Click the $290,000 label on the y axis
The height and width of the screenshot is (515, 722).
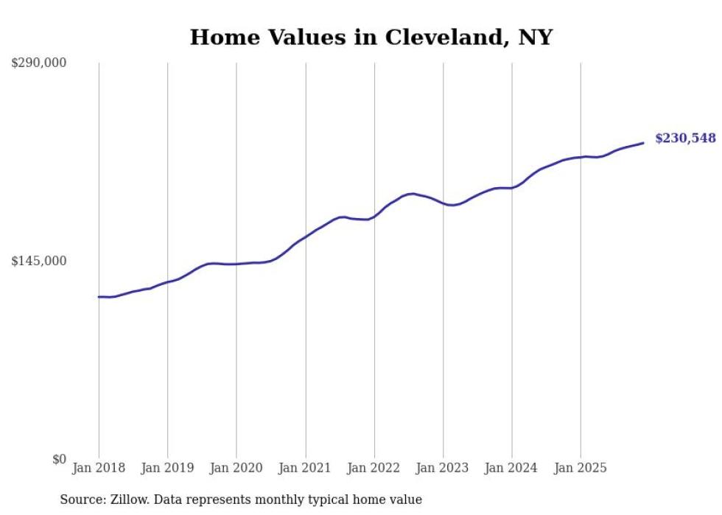tap(39, 63)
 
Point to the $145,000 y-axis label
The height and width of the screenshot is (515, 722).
tap(39, 261)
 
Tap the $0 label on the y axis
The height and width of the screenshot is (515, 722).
tap(59, 459)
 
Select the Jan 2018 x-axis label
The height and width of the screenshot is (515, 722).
tap(99, 469)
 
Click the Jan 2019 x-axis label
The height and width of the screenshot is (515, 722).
tap(167, 469)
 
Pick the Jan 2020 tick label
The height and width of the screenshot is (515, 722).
tap(236, 469)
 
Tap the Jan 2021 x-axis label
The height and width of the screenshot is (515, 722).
tap(305, 469)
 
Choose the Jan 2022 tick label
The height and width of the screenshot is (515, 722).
tap(374, 469)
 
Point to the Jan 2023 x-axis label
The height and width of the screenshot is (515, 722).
tap(443, 469)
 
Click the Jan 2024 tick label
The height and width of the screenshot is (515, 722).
tap(512, 469)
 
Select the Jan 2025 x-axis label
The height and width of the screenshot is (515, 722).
tap(581, 469)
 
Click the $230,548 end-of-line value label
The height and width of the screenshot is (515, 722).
tap(685, 138)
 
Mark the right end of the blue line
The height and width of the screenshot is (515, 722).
tap(643, 143)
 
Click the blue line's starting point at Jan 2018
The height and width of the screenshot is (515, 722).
tap(99, 297)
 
